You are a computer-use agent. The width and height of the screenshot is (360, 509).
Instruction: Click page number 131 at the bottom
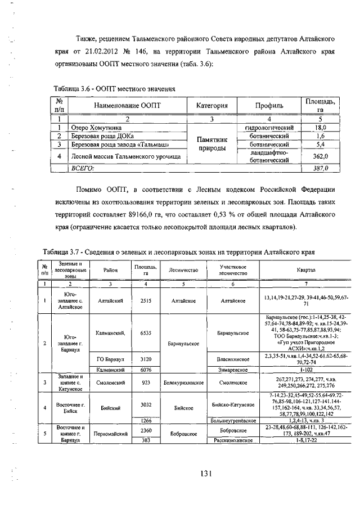coord(205,473)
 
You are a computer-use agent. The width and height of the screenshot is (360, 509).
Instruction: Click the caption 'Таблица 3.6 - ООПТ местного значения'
coord(115,88)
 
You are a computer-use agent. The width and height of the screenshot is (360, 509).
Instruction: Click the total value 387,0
coord(320,168)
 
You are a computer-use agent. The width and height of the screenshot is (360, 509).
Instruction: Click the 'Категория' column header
coord(211,105)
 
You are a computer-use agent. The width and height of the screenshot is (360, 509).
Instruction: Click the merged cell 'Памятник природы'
coord(211,144)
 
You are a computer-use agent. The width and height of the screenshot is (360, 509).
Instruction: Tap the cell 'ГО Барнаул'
coord(106,358)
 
